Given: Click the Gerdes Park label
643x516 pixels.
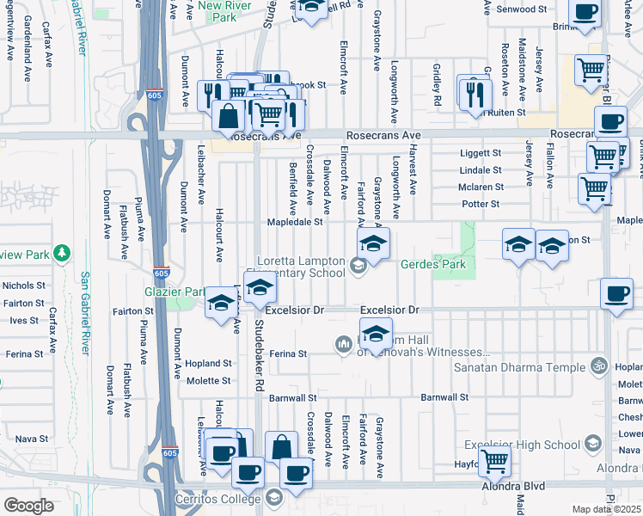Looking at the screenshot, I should click(x=433, y=264).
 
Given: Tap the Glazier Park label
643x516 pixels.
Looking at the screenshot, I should click(x=175, y=292).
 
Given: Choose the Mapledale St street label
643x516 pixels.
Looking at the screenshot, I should click(x=294, y=221).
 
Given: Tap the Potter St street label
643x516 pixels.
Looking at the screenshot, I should click(x=481, y=204).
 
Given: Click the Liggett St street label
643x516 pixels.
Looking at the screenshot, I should click(x=481, y=153).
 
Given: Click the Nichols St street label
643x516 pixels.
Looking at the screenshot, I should click(x=24, y=285).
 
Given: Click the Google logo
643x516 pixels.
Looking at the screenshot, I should click(x=28, y=505).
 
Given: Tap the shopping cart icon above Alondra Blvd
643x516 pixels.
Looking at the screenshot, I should click(x=494, y=460).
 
